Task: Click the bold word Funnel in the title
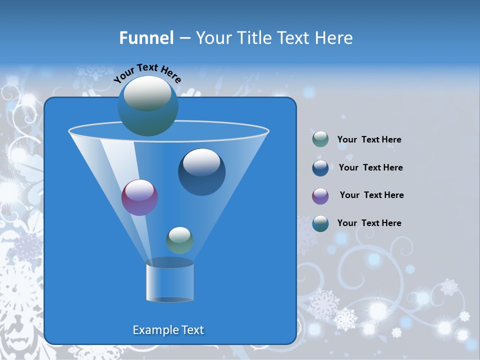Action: [x=146, y=38]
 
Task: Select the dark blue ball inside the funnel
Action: [x=201, y=172]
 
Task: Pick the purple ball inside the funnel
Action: [x=139, y=198]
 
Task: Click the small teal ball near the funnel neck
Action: [x=179, y=240]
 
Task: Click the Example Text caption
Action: [x=168, y=330]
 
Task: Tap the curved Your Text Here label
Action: [x=147, y=73]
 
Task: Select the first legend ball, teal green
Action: [x=320, y=139]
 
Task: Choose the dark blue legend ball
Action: [x=320, y=168]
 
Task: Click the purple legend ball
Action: [x=320, y=196]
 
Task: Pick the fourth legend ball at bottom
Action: [x=320, y=223]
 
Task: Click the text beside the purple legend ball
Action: [x=371, y=195]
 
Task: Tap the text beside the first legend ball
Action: [x=369, y=139]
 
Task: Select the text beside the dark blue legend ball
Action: [x=370, y=167]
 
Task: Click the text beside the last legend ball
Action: [x=369, y=223]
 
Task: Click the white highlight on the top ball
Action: [x=147, y=93]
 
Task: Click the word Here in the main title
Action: [x=334, y=38]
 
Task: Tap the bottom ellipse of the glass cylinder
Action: [x=169, y=299]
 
